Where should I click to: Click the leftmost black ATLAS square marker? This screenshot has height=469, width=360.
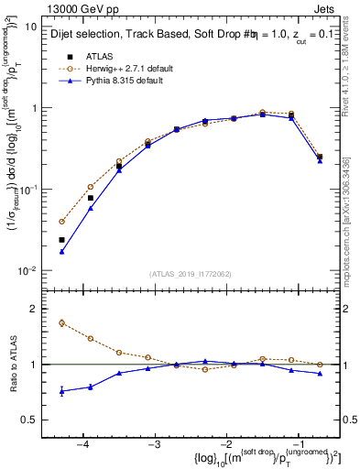61,240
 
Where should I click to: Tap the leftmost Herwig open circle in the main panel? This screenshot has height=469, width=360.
61,222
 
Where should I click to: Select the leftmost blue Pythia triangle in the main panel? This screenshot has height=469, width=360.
61,251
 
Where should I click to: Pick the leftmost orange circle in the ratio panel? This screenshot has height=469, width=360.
61,322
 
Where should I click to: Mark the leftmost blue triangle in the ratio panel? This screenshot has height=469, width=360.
61,391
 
